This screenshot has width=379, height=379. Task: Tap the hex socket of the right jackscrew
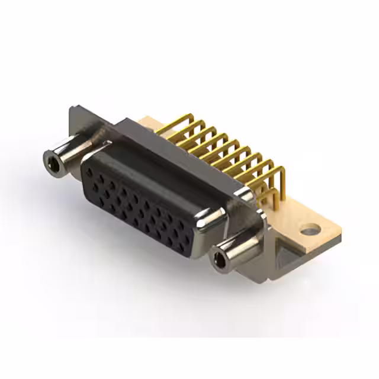[220, 258]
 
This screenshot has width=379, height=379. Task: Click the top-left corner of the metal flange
[72, 108]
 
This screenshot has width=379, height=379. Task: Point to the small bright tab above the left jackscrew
[105, 144]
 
